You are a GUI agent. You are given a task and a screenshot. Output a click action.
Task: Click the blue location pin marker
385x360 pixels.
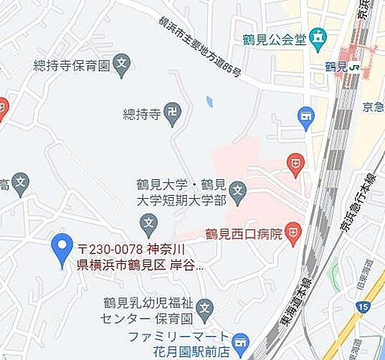tap(61, 250)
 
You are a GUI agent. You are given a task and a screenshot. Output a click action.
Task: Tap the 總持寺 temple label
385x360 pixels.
tap(141, 114)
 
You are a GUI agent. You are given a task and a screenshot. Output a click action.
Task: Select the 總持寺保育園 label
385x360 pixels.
tap(71, 65)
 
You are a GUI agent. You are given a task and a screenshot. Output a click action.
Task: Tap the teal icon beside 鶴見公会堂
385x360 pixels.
tap(320, 36)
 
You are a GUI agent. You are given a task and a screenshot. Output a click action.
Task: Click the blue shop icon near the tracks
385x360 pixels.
tap(305, 116)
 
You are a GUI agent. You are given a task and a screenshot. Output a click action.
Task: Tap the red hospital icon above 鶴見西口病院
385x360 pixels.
tap(297, 163)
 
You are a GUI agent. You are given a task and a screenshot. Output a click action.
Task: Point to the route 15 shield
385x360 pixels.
tap(364, 307)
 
